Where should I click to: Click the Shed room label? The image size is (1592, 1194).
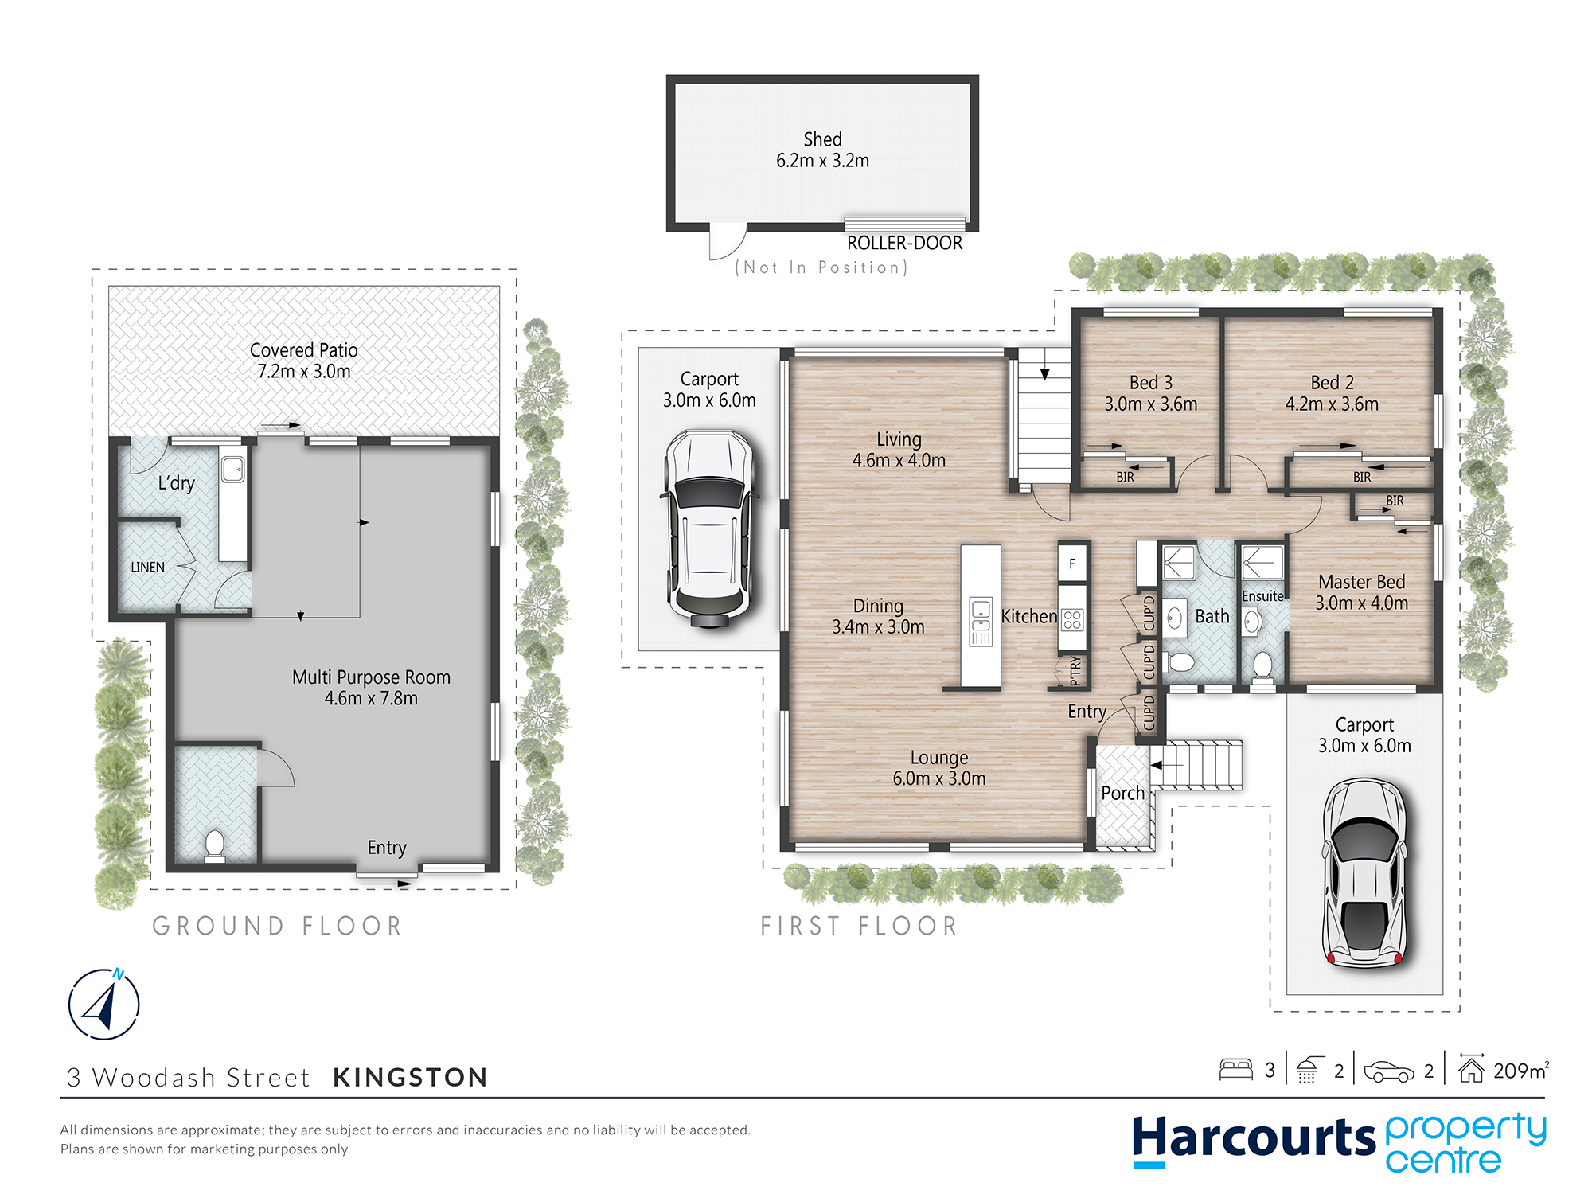pyautogui.click(x=822, y=150)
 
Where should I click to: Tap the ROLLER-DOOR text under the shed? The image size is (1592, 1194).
pyautogui.click(x=904, y=243)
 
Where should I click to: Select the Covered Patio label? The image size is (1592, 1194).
pyautogui.click(x=303, y=361)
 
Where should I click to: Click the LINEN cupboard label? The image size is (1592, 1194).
pyautogui.click(x=148, y=567)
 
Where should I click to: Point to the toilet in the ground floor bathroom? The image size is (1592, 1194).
pyautogui.click(x=215, y=845)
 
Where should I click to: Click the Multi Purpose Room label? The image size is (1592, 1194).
pyautogui.click(x=371, y=687)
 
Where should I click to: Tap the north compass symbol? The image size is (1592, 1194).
pyautogui.click(x=104, y=1004)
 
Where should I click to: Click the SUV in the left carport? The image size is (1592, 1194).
pyautogui.click(x=708, y=530)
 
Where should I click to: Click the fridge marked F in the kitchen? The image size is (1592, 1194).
pyautogui.click(x=1072, y=564)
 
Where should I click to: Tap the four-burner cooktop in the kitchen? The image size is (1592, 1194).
pyautogui.click(x=1072, y=619)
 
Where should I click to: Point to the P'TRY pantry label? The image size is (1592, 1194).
pyautogui.click(x=1075, y=670)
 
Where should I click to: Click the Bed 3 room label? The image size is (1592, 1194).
pyautogui.click(x=1150, y=393)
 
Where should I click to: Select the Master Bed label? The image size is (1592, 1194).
pyautogui.click(x=1361, y=592)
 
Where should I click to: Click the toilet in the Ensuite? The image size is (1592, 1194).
pyautogui.click(x=1262, y=667)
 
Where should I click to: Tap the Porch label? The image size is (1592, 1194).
pyautogui.click(x=1122, y=793)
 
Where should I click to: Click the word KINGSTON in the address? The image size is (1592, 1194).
pyautogui.click(x=410, y=1077)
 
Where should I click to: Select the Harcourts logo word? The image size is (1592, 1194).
pyautogui.click(x=1254, y=1138)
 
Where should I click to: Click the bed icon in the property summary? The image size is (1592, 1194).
pyautogui.click(x=1236, y=1069)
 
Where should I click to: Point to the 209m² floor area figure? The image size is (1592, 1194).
pyautogui.click(x=1521, y=1070)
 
